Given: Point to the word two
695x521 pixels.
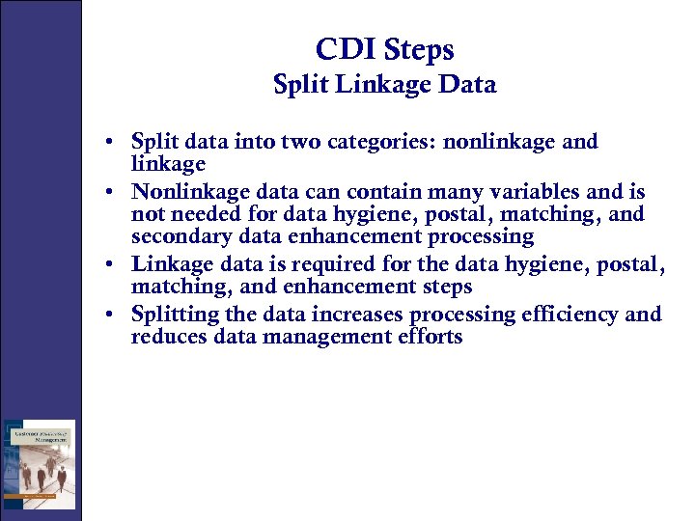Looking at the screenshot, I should (x=298, y=143).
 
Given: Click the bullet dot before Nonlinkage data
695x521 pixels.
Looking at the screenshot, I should (x=113, y=192).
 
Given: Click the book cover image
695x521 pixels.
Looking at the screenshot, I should (x=39, y=464).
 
